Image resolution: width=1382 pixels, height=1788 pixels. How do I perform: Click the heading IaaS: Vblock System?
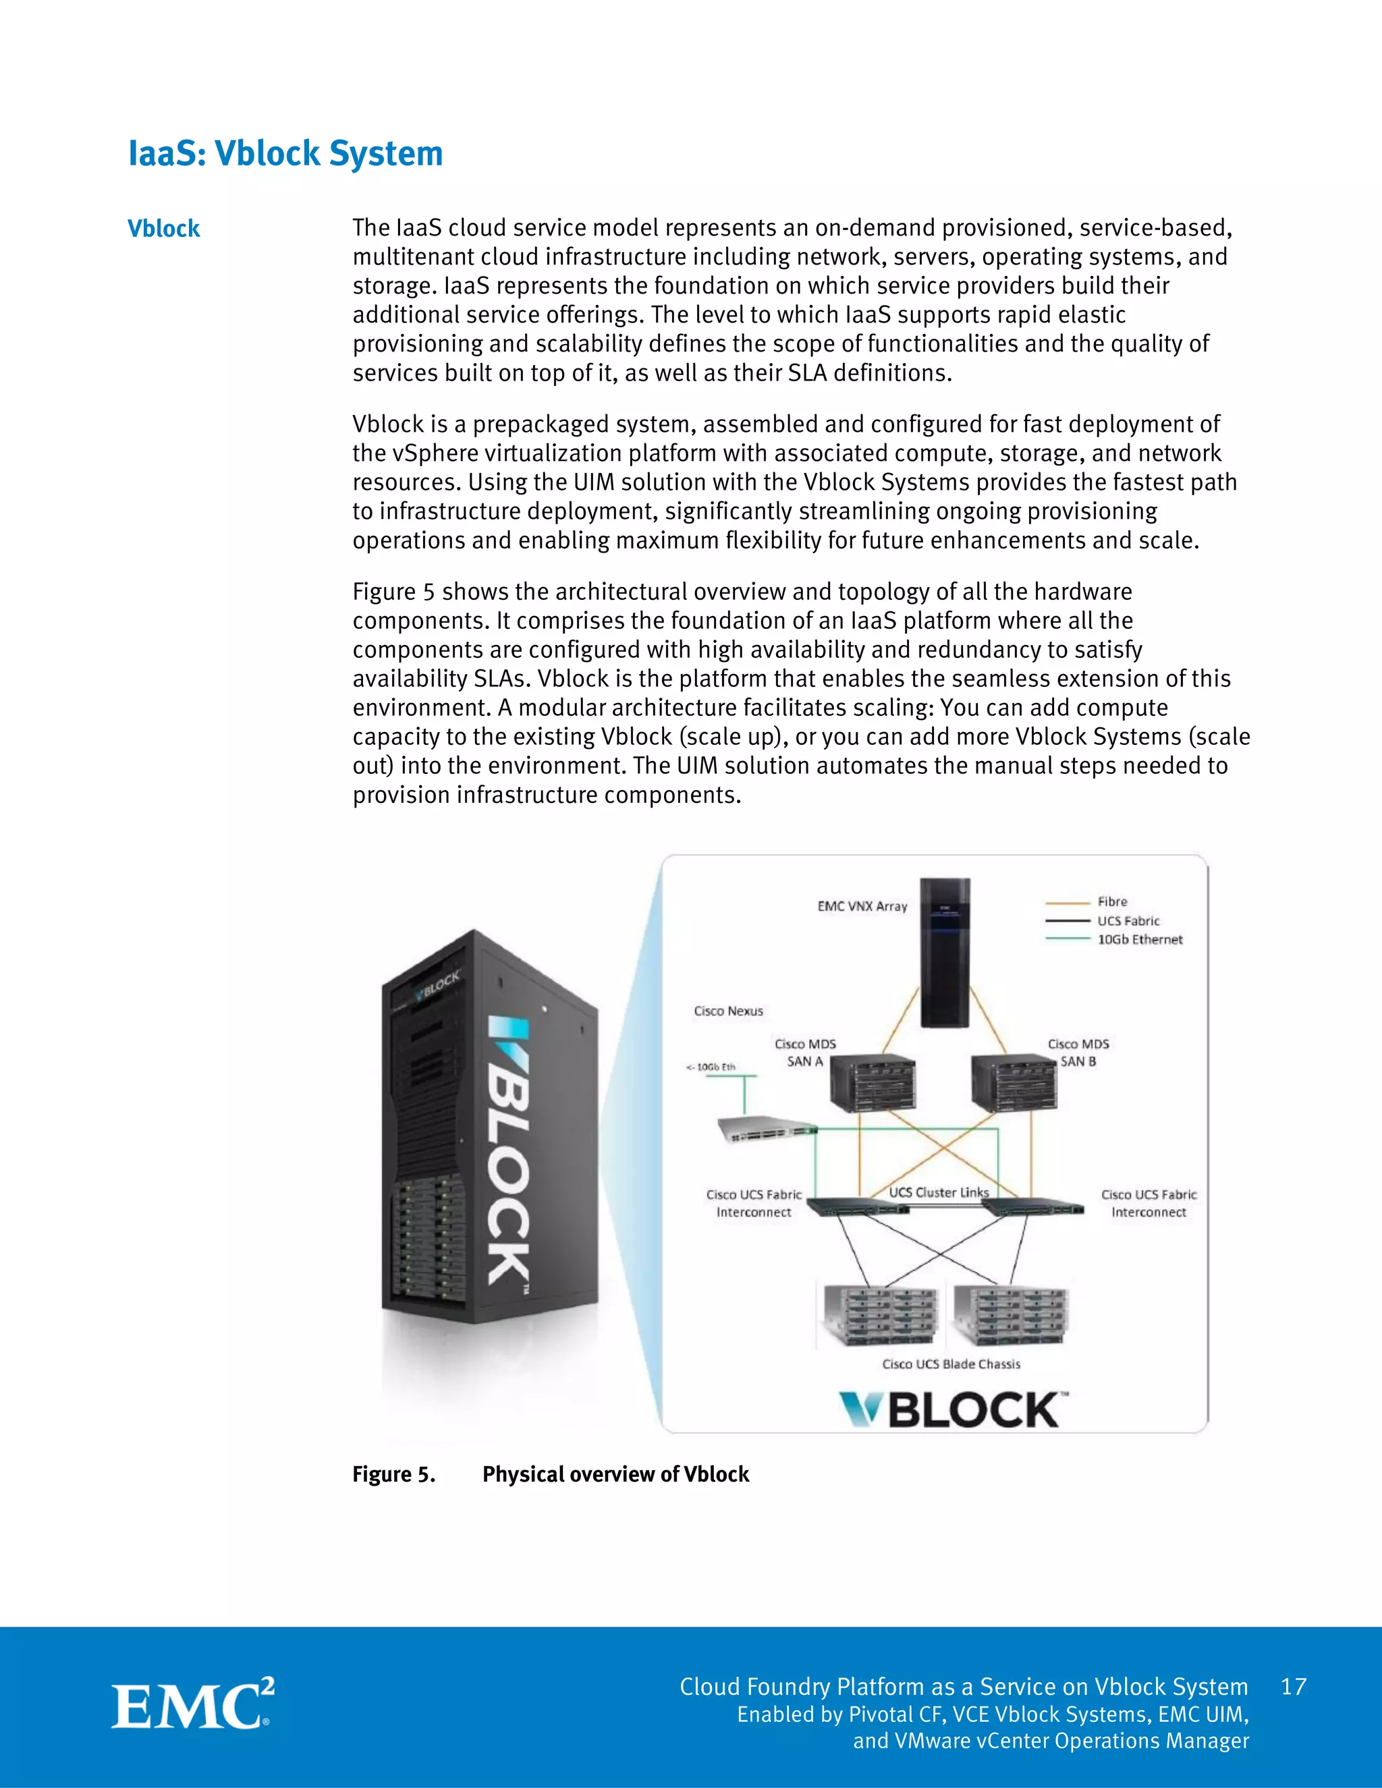coord(285,154)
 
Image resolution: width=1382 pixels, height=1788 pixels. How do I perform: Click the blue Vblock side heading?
coord(164,229)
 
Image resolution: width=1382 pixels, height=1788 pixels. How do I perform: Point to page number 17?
coord(1294,1687)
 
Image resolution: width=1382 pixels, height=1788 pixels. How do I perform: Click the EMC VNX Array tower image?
coord(945,952)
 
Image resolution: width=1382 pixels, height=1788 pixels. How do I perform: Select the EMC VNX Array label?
coord(862,906)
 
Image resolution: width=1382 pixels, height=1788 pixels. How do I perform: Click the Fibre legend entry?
coord(1112,901)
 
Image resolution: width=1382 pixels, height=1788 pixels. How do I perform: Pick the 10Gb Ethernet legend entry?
coord(1140,940)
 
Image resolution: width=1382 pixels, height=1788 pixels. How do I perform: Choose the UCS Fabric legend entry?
coord(1128,921)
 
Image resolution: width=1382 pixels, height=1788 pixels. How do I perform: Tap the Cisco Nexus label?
coord(728,1011)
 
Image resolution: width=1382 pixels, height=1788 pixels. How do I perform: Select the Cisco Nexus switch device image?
coord(767,1129)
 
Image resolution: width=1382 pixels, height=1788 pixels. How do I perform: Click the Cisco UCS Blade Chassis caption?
coord(951,1364)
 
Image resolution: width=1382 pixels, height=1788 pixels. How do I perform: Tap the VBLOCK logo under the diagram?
coord(953,1409)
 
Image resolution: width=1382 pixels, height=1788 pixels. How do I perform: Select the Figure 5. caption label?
coord(393,1474)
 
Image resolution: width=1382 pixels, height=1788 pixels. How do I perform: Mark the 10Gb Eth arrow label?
coord(711,1067)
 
